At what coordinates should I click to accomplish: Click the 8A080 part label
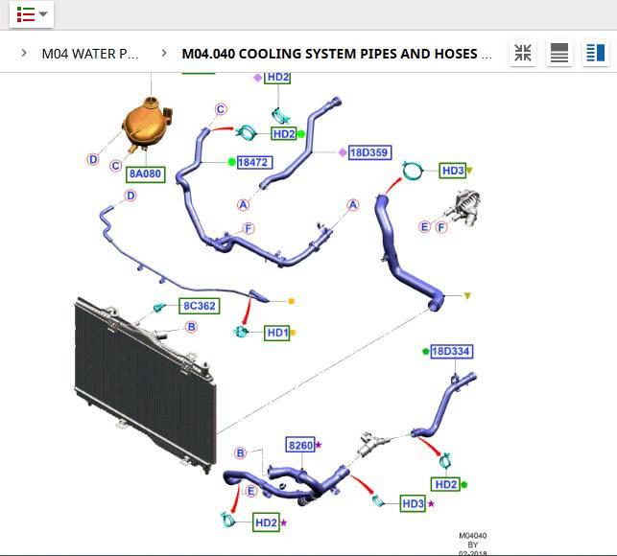pyautogui.click(x=145, y=175)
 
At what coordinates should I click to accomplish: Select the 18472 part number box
pyautogui.click(x=252, y=163)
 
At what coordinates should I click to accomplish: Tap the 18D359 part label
pyautogui.click(x=368, y=152)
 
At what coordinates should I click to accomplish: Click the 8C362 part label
pyautogui.click(x=199, y=307)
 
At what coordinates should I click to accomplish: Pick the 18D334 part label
pyautogui.click(x=450, y=352)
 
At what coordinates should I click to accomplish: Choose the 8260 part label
pyautogui.click(x=300, y=445)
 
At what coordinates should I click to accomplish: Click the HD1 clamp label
pyautogui.click(x=276, y=333)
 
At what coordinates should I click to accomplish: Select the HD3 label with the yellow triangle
pyautogui.click(x=453, y=171)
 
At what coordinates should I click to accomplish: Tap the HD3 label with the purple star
pyautogui.click(x=413, y=503)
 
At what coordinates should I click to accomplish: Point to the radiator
pyautogui.click(x=144, y=369)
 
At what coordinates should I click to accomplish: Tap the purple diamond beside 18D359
pyautogui.click(x=343, y=152)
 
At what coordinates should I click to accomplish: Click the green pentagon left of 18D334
pyautogui.click(x=425, y=352)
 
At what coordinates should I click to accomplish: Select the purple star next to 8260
pyautogui.click(x=319, y=445)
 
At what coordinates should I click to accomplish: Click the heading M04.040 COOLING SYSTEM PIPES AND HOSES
pyautogui.click(x=337, y=54)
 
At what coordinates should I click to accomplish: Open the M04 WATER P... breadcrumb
pyautogui.click(x=89, y=54)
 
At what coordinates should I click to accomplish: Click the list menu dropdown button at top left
pyautogui.click(x=31, y=14)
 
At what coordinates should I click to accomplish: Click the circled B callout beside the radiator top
pyautogui.click(x=191, y=328)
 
